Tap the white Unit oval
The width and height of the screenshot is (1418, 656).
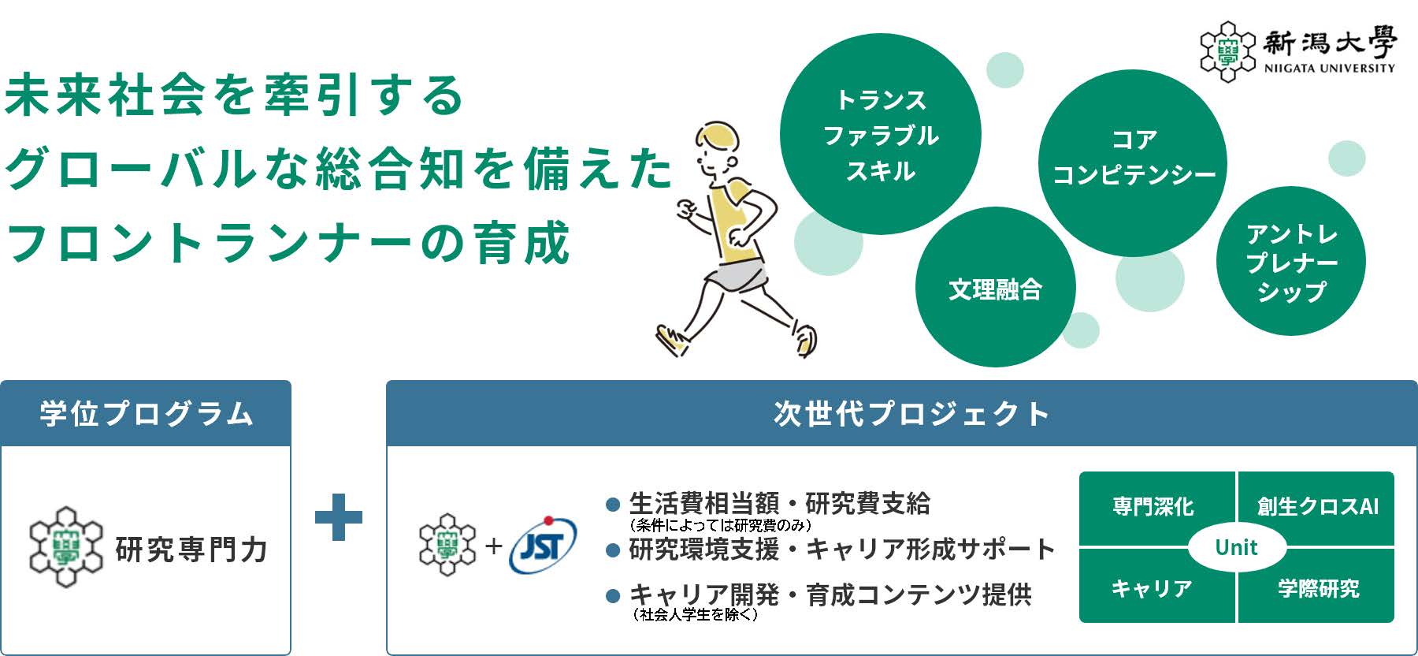(x=1237, y=547)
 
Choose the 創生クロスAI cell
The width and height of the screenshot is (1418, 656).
(x=1317, y=508)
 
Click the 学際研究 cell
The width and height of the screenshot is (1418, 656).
(x=1317, y=587)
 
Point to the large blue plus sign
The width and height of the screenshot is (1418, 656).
(x=339, y=517)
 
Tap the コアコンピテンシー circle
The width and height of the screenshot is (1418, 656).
(x=1133, y=163)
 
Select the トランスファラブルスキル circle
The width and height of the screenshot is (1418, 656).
(x=881, y=134)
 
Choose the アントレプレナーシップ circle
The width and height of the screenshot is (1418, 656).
(x=1291, y=261)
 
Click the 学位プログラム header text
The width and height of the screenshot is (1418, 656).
(x=147, y=414)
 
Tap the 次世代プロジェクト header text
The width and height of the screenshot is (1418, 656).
(x=911, y=414)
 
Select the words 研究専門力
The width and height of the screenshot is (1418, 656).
(x=191, y=550)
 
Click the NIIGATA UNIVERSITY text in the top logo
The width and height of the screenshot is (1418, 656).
(x=1329, y=69)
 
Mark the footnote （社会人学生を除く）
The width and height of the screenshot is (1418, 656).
(x=695, y=615)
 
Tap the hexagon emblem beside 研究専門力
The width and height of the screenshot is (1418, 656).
(x=66, y=547)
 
